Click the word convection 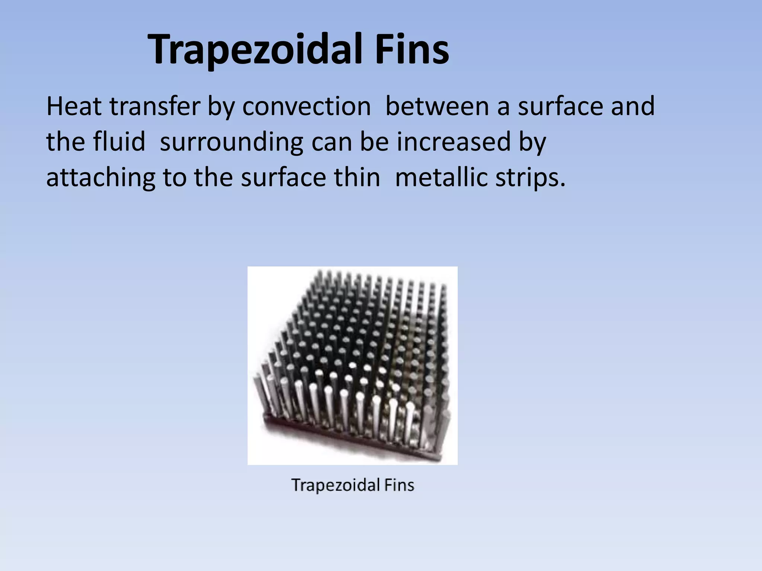point(307,107)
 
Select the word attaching point(101,178)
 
